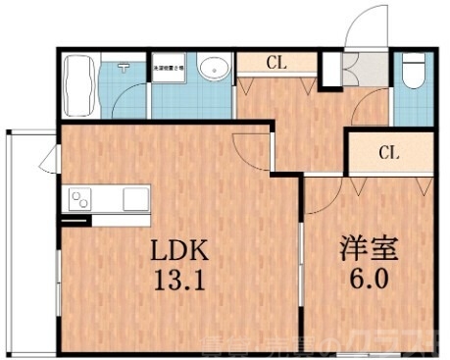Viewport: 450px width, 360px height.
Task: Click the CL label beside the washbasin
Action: pos(276,63)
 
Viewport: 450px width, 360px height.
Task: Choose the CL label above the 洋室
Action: pos(389,152)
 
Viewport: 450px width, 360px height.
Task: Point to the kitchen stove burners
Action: pos(79,201)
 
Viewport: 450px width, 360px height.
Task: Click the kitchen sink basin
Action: pos(133,201)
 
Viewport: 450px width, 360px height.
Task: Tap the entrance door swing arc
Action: pos(370,25)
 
